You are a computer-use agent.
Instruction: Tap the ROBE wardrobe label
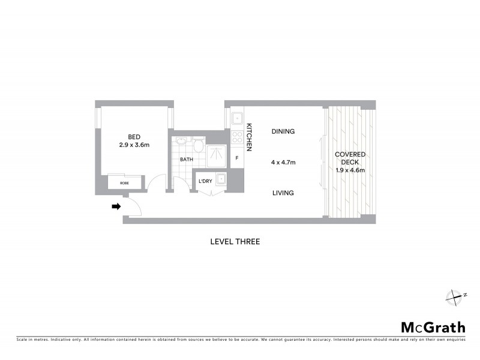124,182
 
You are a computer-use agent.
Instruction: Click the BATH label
186,160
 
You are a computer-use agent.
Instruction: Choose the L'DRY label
205,181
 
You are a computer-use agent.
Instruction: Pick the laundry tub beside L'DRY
221,178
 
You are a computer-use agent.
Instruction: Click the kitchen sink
237,118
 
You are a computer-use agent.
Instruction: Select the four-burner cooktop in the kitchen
237,137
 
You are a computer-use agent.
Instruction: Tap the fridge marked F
237,158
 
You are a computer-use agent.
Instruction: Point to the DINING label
283,131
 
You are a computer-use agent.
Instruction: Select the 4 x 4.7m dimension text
283,162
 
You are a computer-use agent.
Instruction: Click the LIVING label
283,193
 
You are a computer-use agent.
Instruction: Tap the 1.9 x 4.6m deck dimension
350,170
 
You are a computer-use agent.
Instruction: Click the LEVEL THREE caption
235,242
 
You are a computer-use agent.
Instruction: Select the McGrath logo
433,327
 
